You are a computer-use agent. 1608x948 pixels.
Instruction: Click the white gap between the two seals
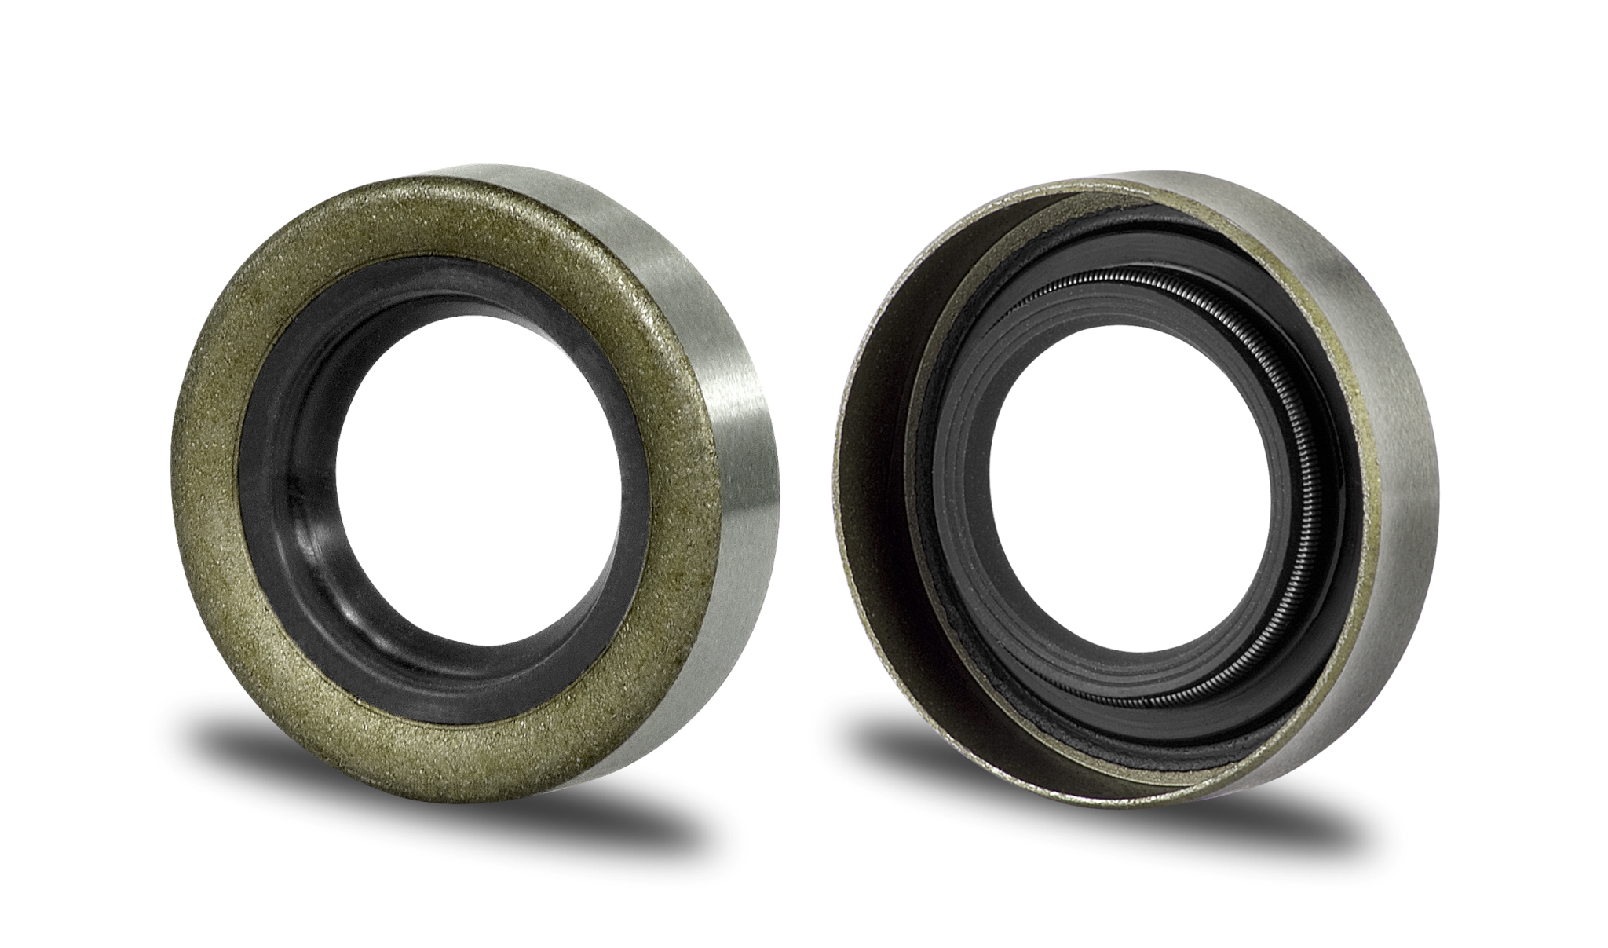click(809, 471)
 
